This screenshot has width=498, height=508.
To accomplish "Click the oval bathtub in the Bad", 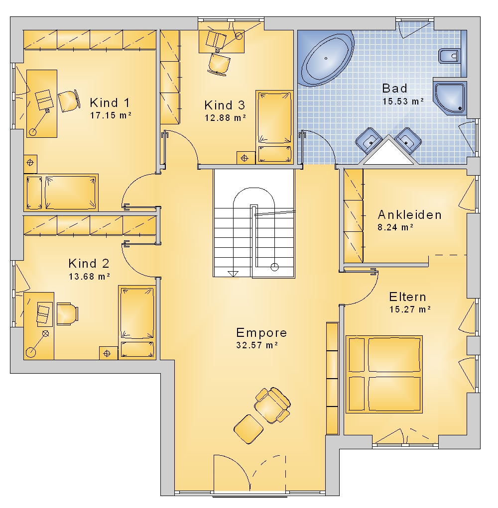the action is pos(327,58).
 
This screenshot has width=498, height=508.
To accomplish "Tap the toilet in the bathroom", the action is pos(449,56).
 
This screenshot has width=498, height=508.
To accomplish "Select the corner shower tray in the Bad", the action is pos(449,98).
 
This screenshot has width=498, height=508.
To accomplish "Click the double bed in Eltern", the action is pos(384,374).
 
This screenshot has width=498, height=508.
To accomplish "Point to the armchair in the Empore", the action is pos(272,406).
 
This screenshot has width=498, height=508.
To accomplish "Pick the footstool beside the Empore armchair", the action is pos(249,429).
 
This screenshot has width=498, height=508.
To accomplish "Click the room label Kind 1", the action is pos(110,102).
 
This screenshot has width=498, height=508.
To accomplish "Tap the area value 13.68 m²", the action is pos(89,276).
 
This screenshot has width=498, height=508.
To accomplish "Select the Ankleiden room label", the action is pos(410,215).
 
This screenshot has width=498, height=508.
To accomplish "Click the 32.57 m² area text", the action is pos(257,345).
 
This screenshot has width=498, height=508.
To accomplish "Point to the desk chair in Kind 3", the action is pos(219,65).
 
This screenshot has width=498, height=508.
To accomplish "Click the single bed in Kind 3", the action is pos(274,126).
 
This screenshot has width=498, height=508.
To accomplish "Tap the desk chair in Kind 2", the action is pos(68,313).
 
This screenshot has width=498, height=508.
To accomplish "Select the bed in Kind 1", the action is pos(61,193).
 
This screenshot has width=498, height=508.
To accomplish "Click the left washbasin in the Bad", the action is pos(369,140).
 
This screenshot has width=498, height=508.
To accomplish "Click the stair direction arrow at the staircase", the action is pos(233,274).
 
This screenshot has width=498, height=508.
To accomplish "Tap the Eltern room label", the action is pos(407,297).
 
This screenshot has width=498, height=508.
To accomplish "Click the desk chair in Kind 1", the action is pos(69,101).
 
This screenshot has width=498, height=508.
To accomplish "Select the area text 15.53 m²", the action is pos(403,101).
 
